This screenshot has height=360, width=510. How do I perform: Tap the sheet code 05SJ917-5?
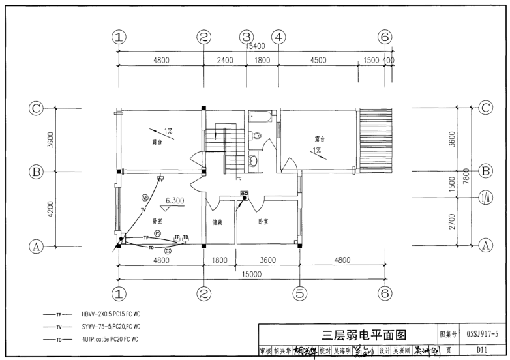click(482, 335)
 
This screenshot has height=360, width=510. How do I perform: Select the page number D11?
click(482, 351)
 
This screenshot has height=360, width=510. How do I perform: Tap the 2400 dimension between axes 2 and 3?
click(224, 60)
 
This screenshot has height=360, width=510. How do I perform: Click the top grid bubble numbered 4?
click(278, 37)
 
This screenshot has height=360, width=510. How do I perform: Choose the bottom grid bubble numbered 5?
click(299, 293)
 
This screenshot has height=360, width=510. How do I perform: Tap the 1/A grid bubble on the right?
click(485, 196)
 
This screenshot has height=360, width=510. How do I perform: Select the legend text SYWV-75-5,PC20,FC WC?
click(111, 326)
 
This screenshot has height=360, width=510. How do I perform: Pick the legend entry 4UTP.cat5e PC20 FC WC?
click(110, 339)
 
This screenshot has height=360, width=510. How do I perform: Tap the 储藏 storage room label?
click(217, 222)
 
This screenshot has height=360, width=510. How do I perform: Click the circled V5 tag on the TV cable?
click(145, 197)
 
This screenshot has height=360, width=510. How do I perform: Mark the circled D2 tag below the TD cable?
click(168, 250)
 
